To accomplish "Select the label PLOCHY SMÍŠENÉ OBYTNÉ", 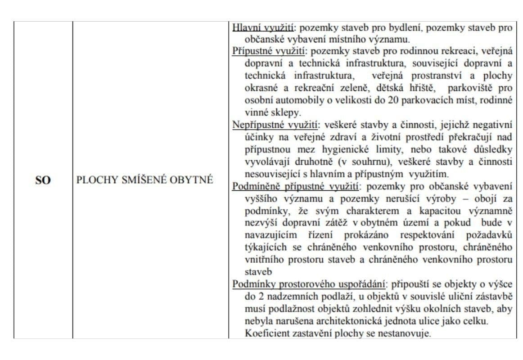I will [144, 180].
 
